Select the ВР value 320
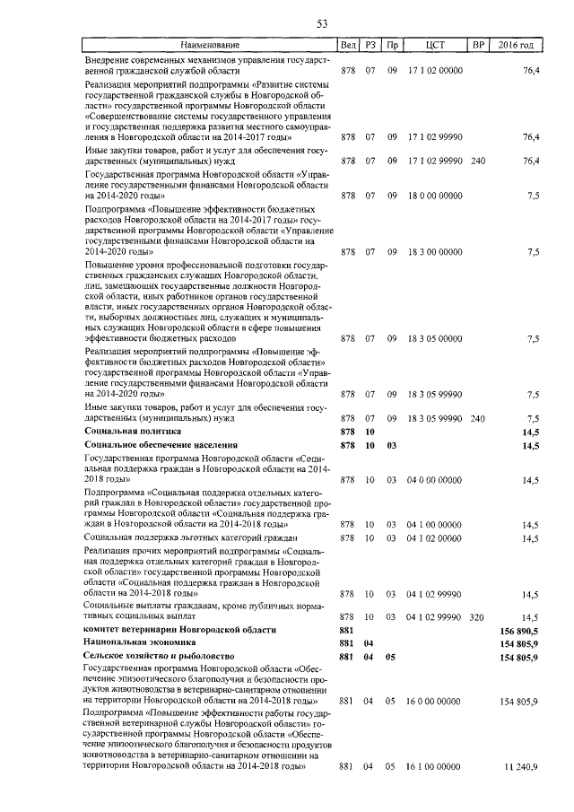pos(477,617)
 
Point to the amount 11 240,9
pos(521,767)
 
